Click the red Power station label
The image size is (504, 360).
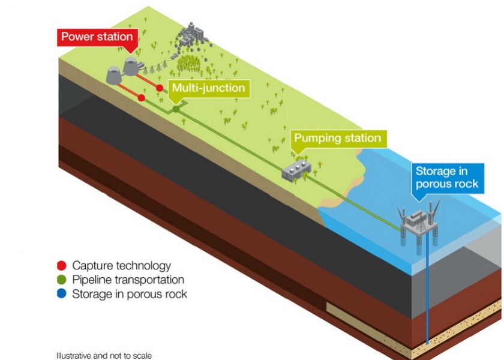[x=96, y=37]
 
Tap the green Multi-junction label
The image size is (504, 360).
[x=208, y=88]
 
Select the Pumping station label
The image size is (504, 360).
[x=337, y=139]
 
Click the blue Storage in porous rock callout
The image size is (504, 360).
[x=447, y=178]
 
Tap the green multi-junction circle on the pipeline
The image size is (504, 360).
[x=176, y=109]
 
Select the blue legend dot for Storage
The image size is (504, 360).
[x=62, y=294]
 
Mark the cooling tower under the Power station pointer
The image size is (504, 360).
[x=131, y=65]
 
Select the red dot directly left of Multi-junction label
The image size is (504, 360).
[x=160, y=88]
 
